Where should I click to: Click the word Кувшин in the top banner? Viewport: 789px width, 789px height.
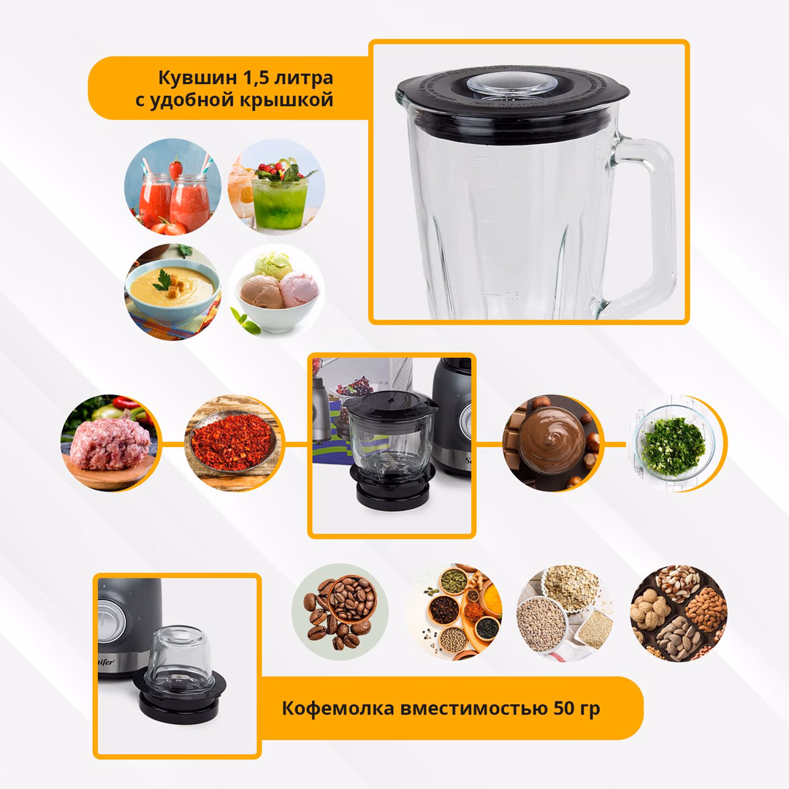(198, 78)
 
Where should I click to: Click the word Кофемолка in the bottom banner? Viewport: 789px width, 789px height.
(338, 709)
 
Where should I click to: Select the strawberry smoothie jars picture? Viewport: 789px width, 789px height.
(172, 187)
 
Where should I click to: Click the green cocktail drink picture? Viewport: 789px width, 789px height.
(276, 187)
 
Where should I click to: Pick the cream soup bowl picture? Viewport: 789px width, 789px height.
(172, 291)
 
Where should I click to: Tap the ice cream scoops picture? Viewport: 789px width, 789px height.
(276, 291)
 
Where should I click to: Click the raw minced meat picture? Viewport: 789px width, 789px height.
(110, 443)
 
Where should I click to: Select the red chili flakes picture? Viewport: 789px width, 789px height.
(234, 443)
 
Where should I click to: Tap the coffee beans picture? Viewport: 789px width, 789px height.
(340, 612)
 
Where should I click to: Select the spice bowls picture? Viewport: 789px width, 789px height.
(454, 612)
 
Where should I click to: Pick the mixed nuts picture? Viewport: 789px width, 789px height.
(679, 612)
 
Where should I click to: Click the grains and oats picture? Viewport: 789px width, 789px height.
(565, 612)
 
